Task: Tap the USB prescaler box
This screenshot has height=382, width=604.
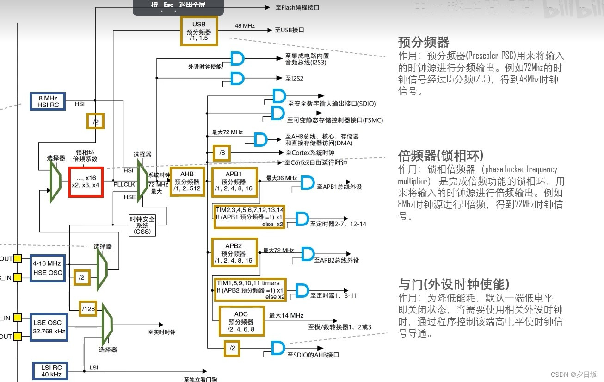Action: coord(199,31)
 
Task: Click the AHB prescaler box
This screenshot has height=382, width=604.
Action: coord(187,182)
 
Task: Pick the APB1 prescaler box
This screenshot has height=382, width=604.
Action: coord(234,182)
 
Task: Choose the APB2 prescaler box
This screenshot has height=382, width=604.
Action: coord(234,252)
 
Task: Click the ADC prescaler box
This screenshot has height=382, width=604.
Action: coord(241,321)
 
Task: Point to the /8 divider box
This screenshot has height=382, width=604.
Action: coord(222,153)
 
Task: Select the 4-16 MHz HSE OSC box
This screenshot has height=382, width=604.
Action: coord(47,268)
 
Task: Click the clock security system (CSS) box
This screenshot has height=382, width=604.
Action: coord(142,225)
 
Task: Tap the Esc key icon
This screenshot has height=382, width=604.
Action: coord(168,5)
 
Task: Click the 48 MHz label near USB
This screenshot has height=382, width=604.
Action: coord(245,26)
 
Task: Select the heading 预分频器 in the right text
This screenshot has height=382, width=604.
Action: coord(424,42)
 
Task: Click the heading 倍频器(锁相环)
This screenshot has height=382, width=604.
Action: coord(441,155)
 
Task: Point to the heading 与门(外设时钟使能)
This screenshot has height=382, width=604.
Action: coord(454,284)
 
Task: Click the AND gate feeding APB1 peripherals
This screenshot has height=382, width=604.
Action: coord(307,182)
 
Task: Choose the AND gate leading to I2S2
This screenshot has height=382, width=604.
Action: coord(237,78)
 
